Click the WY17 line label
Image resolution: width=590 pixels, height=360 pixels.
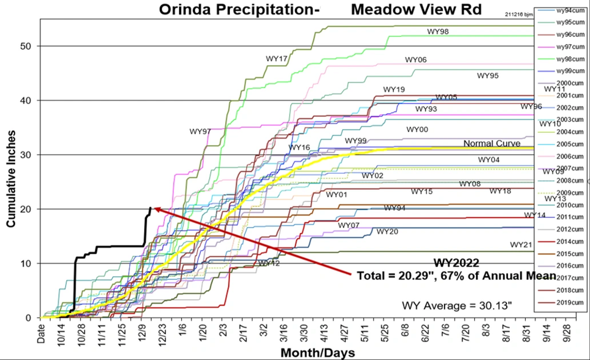point(277,58)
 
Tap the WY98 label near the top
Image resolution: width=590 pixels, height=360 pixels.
point(438,31)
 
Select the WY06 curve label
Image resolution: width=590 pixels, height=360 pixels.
point(416,59)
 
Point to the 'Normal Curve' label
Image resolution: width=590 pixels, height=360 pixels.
point(492,143)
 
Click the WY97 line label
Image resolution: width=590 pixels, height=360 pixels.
point(200,131)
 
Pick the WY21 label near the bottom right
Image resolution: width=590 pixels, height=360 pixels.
point(521,244)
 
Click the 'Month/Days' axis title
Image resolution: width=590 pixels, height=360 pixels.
point(317,353)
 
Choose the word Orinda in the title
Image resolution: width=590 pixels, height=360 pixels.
point(183,9)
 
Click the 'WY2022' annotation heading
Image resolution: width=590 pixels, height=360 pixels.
point(455,263)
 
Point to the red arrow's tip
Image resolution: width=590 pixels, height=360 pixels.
point(154,208)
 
